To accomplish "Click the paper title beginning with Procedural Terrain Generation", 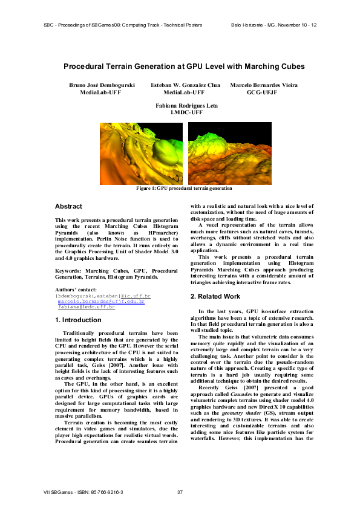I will [184, 66].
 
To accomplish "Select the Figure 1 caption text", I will [184, 189].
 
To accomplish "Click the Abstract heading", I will [68, 207].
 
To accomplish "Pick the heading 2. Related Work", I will [217, 297].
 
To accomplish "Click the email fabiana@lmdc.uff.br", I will [86, 306].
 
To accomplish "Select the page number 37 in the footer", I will [180, 492].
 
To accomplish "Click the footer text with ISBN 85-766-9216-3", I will [83, 492].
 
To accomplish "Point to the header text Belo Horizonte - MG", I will [273, 25].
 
